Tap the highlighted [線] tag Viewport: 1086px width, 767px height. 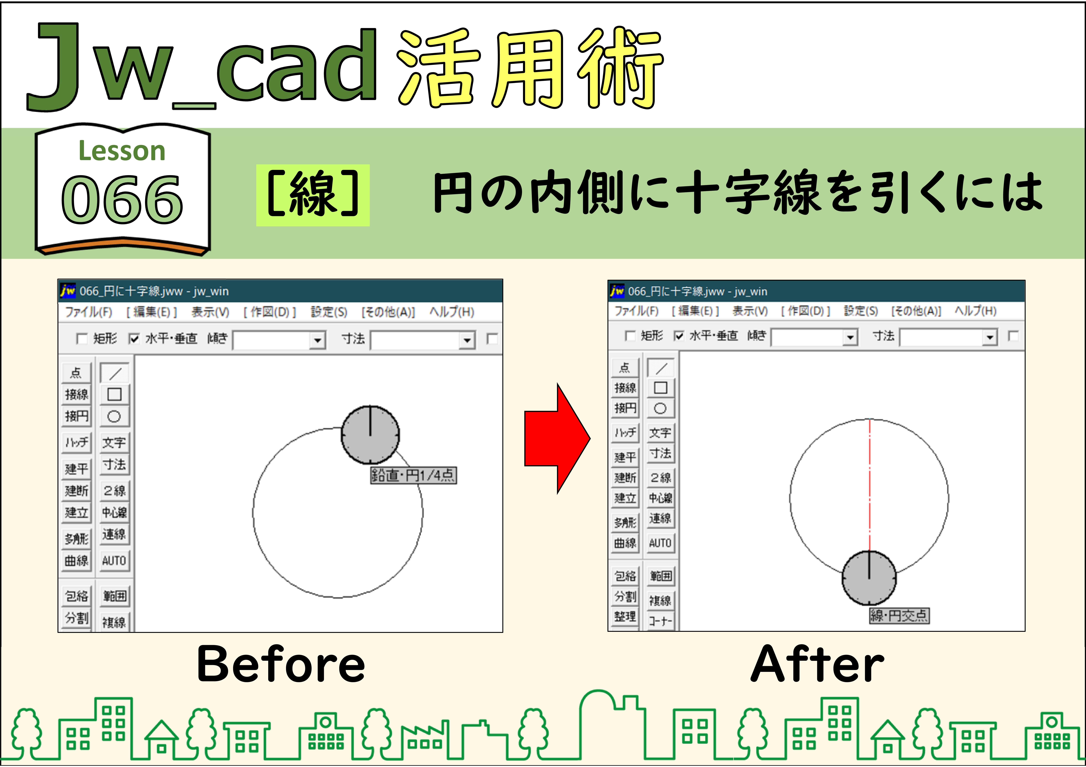point(313,195)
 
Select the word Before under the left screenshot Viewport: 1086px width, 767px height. point(281,664)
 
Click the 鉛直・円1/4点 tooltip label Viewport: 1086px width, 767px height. point(413,475)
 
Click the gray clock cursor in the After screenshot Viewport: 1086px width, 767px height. point(869,577)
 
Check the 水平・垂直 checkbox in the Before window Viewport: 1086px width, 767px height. point(134,339)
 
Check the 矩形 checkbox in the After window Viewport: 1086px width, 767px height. point(630,336)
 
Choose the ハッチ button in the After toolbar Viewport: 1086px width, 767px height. point(625,432)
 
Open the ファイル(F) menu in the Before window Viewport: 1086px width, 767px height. point(89,312)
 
